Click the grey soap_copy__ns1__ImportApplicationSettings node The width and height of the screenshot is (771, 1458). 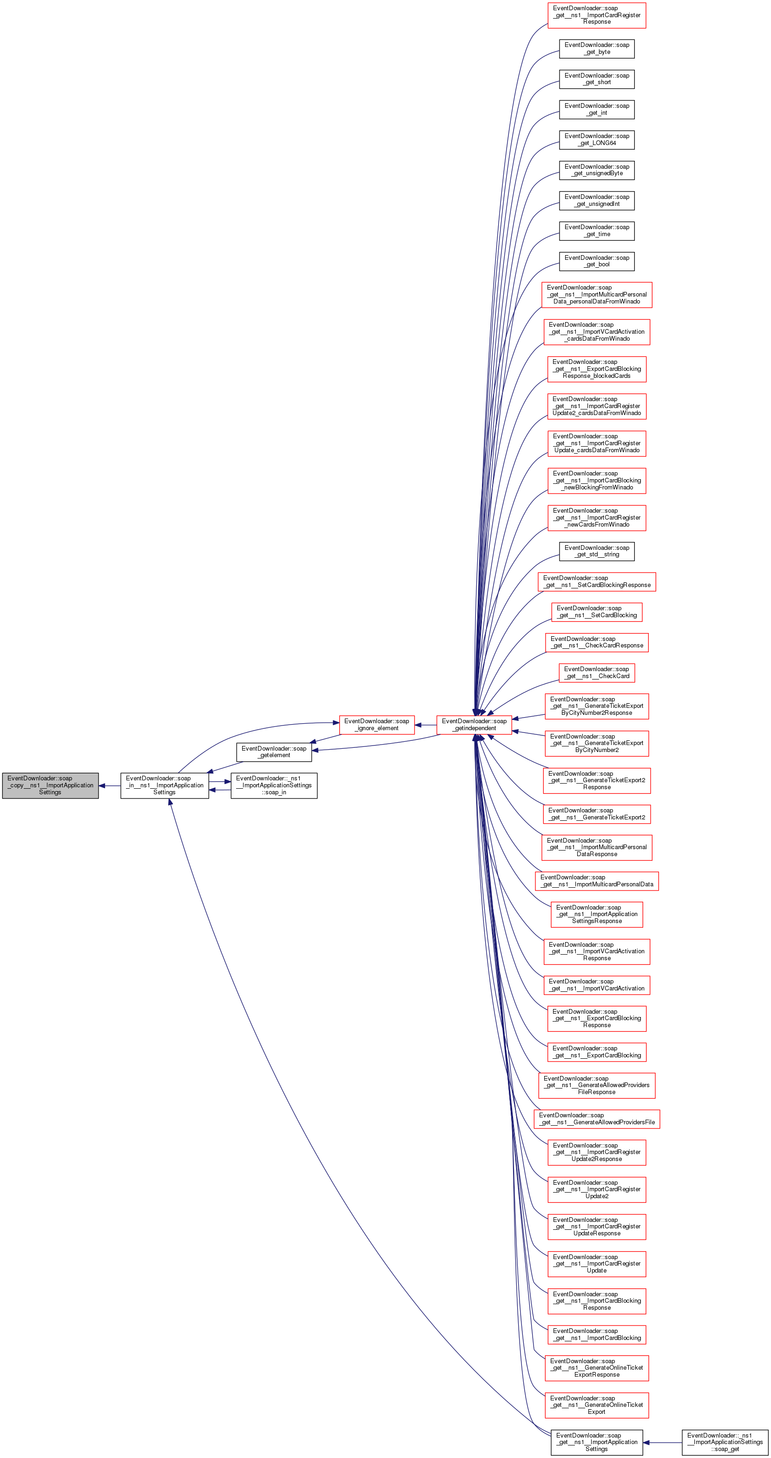pos(50,785)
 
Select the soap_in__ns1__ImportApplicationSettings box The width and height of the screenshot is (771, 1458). pos(164,785)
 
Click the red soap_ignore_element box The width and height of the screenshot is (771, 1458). pos(376,725)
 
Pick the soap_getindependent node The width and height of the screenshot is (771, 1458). pos(474,725)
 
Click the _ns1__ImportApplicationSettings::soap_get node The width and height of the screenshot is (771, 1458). pos(725,1442)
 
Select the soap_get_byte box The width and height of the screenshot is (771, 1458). pos(597,49)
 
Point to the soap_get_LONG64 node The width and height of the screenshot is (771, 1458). pos(597,140)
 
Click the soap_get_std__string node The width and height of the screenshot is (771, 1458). pos(597,551)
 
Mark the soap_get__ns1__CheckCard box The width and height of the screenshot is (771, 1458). pos(597,673)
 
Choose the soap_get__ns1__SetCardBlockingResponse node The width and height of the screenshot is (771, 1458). pos(597,582)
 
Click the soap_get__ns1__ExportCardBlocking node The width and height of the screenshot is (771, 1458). pos(597,1052)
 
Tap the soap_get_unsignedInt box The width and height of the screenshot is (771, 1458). pos(597,200)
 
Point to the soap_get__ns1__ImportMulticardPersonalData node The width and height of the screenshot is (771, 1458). pos(597,881)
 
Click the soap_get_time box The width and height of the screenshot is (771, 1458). pos(597,231)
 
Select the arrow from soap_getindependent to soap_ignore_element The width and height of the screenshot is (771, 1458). pos(425,725)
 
